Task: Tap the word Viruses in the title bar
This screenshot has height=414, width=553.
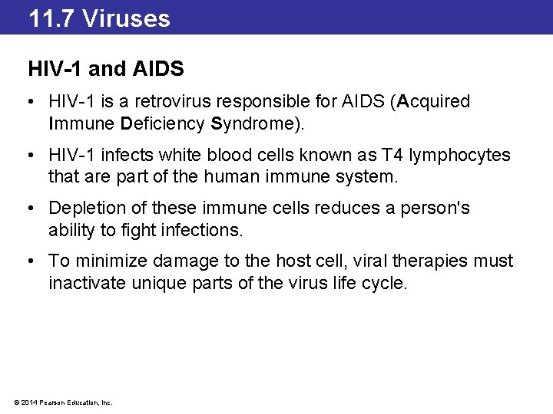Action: click(x=126, y=18)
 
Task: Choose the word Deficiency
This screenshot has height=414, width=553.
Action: click(x=162, y=123)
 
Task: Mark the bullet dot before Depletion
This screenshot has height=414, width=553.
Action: click(x=32, y=209)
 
